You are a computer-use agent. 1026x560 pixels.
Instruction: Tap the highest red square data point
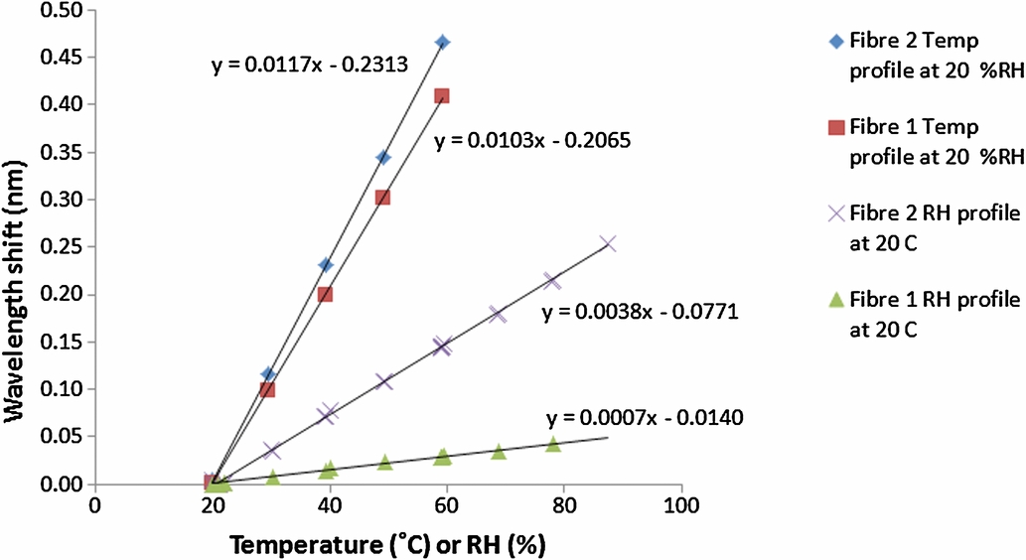(441, 96)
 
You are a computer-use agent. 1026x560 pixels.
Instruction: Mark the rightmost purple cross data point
(608, 243)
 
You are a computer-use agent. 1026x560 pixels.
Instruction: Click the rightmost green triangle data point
(553, 444)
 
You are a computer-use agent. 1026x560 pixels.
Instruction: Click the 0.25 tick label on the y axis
(62, 246)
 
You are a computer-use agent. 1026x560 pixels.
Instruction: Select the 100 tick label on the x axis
(681, 505)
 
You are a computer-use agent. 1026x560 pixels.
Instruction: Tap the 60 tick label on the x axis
(447, 505)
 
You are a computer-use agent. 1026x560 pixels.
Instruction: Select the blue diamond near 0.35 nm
(383, 158)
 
